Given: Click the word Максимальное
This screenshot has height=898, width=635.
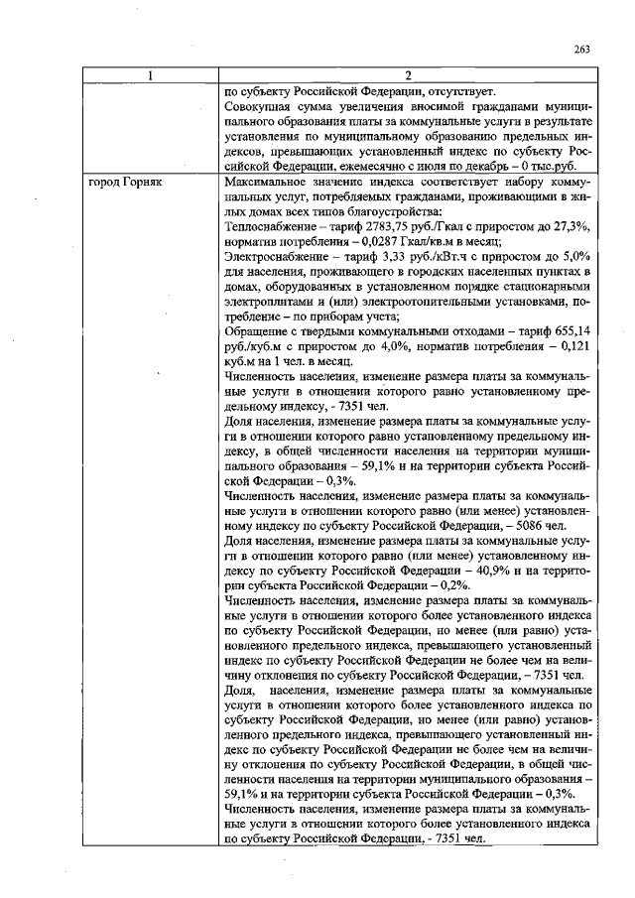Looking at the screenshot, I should (272, 185).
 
